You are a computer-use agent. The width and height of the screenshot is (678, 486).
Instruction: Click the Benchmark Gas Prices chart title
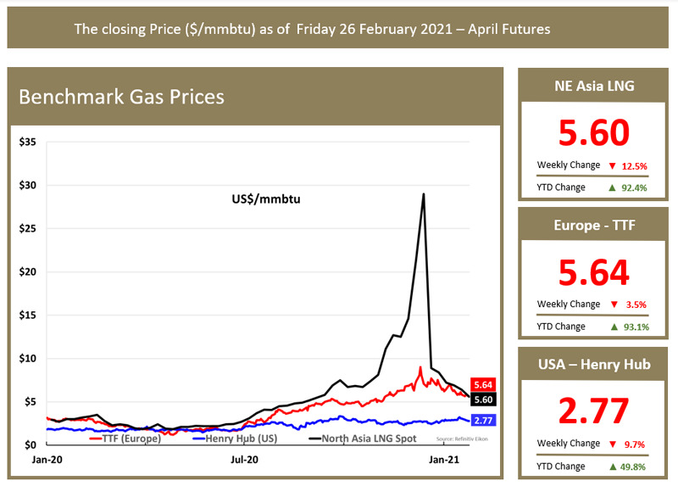point(121,97)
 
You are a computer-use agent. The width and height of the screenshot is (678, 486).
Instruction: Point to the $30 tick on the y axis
point(28,185)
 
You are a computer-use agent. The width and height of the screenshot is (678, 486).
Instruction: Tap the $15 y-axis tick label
point(28,315)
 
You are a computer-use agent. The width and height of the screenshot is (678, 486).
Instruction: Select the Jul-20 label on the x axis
point(244,460)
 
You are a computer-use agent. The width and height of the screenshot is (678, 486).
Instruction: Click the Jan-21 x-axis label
point(443,460)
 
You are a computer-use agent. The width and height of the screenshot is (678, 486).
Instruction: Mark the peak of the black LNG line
point(424,193)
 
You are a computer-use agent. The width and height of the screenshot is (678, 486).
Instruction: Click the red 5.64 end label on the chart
point(483,385)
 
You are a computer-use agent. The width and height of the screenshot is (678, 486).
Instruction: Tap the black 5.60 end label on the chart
point(483,399)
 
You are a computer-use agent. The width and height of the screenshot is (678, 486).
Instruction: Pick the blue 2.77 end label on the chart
point(483,420)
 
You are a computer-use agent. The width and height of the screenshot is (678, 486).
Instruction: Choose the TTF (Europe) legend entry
point(125,439)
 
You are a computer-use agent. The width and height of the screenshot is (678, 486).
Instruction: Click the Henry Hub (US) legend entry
point(236,439)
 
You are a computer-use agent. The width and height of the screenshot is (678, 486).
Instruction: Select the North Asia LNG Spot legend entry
point(363,439)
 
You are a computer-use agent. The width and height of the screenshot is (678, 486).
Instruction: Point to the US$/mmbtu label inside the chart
point(266,199)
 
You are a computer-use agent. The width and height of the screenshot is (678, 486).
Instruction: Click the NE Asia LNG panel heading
point(594,86)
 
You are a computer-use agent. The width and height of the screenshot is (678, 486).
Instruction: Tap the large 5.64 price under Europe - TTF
point(594,272)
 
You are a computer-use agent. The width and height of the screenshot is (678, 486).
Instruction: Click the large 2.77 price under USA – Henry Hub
point(593,411)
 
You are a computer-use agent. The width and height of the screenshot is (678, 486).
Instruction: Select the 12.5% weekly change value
point(634,166)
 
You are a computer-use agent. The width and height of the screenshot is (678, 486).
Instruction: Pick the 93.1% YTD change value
point(636,327)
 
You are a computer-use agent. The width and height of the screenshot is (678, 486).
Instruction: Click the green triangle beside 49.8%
point(613,467)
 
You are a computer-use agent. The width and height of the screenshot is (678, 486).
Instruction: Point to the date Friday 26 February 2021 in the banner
point(375,29)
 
